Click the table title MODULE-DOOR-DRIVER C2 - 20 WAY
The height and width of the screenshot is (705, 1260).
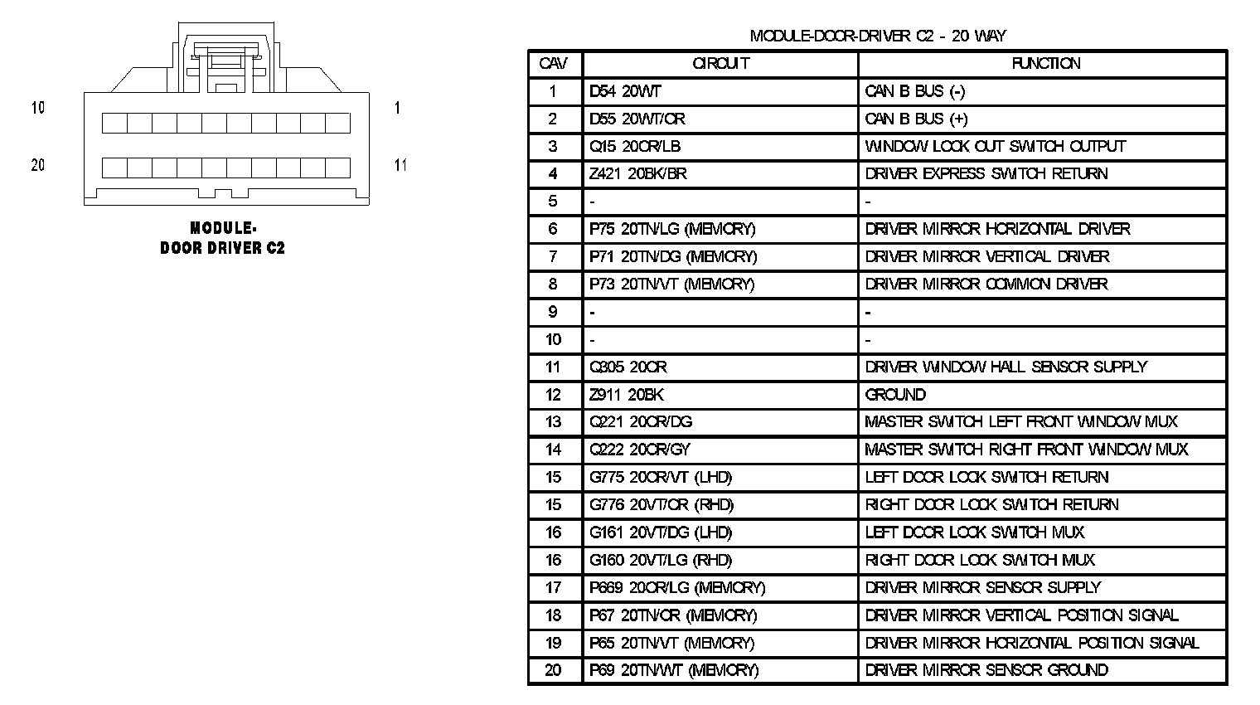877,36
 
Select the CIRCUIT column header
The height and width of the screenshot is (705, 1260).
720,64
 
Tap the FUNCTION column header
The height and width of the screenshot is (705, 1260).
1045,64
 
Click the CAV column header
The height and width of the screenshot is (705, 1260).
553,64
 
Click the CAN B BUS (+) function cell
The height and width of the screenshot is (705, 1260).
915,119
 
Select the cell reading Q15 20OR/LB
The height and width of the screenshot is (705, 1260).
635,147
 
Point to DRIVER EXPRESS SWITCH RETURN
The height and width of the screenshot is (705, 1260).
986,174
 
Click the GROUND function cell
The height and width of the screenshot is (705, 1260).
895,395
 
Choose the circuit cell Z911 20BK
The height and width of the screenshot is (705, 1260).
627,395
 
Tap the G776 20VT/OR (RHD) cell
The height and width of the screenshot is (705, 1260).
661,505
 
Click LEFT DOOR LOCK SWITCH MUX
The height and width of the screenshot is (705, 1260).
974,532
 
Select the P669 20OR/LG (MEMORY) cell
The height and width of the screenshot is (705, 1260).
677,588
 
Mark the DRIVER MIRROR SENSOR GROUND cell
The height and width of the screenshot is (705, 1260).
986,670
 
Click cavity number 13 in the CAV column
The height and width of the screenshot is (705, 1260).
553,422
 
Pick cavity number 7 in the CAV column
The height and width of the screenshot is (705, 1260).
553,257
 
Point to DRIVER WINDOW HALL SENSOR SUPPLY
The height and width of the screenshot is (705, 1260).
1006,367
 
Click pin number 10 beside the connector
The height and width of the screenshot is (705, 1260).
38,108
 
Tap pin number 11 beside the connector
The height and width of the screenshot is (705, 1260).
400,165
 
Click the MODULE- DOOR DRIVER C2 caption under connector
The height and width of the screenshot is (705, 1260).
222,238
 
